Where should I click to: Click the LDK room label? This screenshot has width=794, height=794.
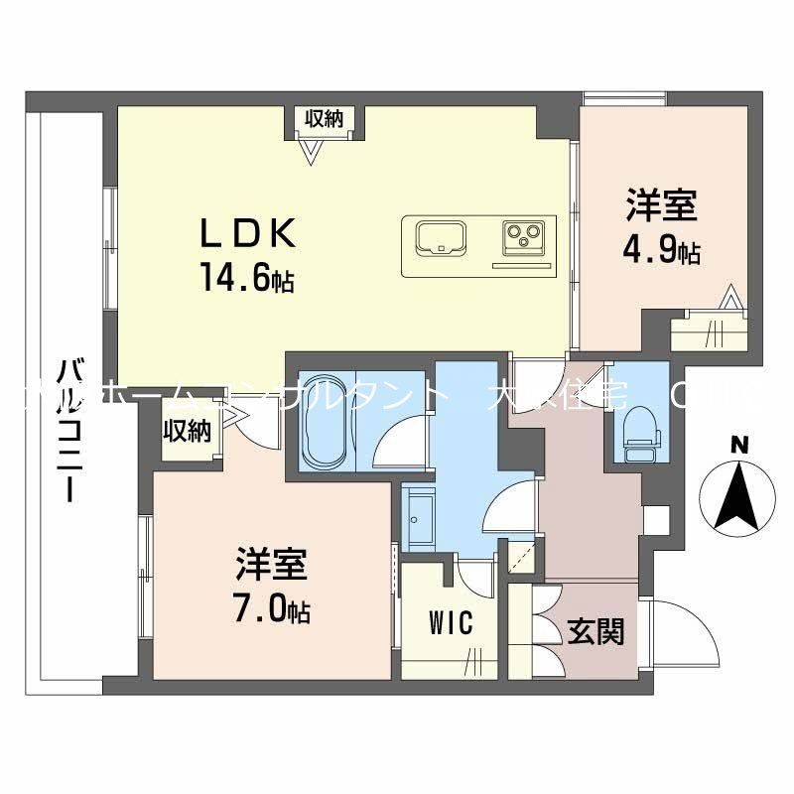pyautogui.click(x=248, y=234)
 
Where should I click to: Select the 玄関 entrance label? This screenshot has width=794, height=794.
pyautogui.click(x=595, y=630)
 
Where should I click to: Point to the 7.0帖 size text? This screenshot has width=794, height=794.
pyautogui.click(x=272, y=610)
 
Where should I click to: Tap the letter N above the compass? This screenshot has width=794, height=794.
pyautogui.click(x=737, y=446)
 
